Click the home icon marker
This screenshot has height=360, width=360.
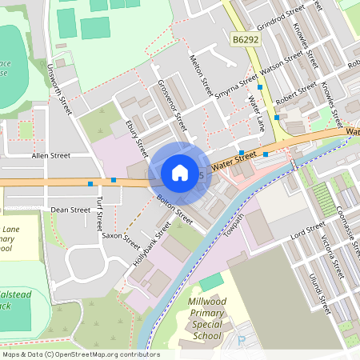[180, 173]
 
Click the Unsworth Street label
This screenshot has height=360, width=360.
[60, 89]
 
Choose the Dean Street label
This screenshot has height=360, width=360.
[70, 210]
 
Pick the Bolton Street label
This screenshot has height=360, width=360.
[174, 210]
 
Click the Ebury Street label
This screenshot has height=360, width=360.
[137, 137]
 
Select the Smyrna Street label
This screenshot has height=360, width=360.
[234, 88]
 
